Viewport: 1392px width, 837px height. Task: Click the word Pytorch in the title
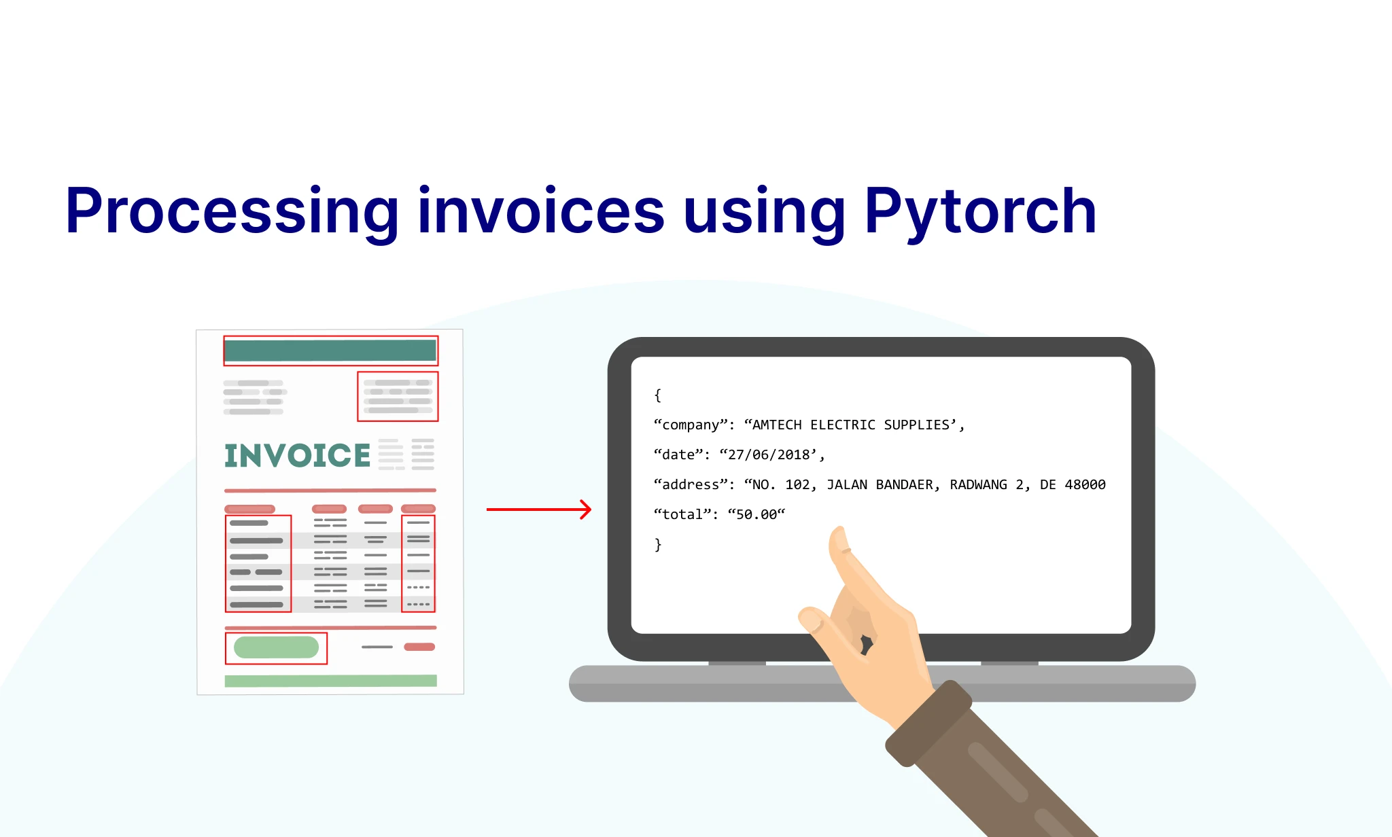(x=980, y=213)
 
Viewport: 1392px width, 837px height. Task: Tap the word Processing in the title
(x=232, y=213)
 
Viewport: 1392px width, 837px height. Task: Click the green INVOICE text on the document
(x=298, y=456)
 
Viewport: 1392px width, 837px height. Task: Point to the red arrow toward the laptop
(x=539, y=509)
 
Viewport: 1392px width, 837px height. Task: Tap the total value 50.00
(x=756, y=514)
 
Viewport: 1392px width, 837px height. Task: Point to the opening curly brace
(x=657, y=395)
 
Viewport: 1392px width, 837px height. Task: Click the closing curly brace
(x=657, y=545)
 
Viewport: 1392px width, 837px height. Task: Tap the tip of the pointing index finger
(x=839, y=531)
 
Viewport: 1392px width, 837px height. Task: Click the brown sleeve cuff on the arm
(x=928, y=724)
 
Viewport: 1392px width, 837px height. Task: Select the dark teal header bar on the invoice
(x=330, y=351)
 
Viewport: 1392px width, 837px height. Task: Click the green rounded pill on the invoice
(x=276, y=647)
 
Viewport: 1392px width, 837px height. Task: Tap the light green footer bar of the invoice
(x=331, y=681)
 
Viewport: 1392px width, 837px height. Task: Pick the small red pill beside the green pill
(x=419, y=647)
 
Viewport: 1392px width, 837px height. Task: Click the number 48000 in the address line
(x=1085, y=484)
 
